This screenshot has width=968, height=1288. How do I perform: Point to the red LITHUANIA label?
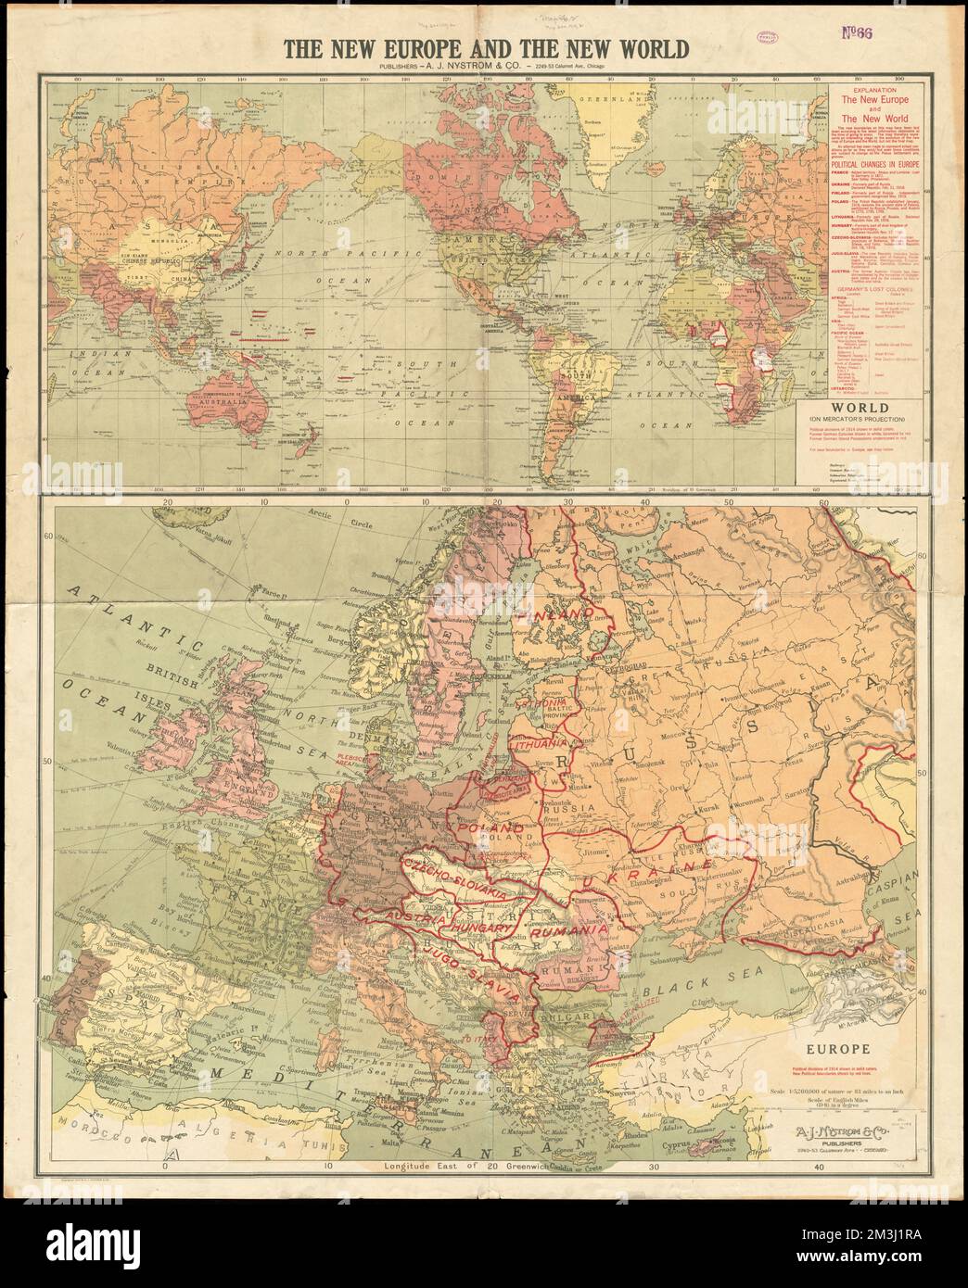point(540,743)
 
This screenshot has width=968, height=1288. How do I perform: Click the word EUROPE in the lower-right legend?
point(836,1049)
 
